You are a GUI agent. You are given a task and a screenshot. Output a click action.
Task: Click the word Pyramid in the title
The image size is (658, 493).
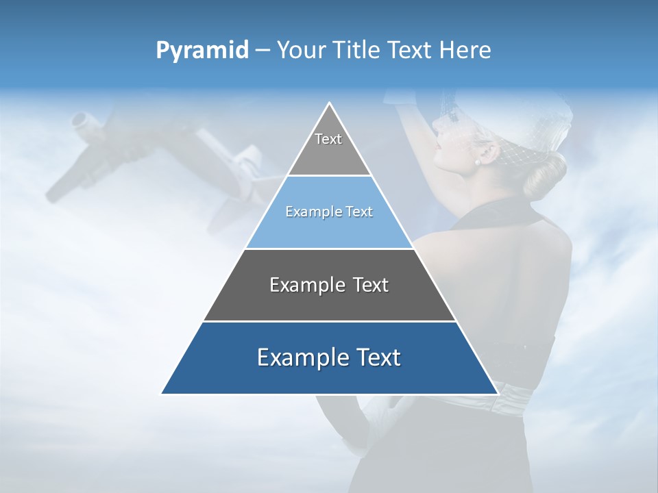click(202, 51)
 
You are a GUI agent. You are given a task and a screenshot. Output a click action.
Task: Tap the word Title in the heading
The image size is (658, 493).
click(357, 51)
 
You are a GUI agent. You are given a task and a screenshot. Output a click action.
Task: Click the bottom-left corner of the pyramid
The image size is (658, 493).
click(162, 394)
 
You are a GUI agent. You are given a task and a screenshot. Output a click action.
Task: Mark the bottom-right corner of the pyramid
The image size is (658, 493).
click(498, 394)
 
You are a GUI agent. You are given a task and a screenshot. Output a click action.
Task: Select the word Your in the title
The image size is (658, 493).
click(299, 51)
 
